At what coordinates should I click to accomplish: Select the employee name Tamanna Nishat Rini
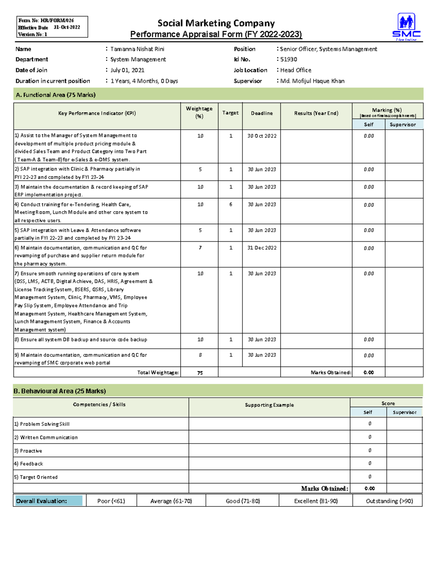pyautogui.click(x=137, y=49)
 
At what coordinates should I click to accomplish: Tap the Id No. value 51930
pyautogui.click(x=288, y=59)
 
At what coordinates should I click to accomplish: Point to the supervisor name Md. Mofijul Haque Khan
pyautogui.click(x=312, y=81)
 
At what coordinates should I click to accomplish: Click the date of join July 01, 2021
pyautogui.click(x=127, y=70)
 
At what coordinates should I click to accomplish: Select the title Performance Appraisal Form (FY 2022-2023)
pyautogui.click(x=216, y=34)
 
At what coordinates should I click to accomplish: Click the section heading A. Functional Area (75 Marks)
pyautogui.click(x=55, y=95)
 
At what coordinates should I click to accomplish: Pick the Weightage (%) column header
pyautogui.click(x=199, y=112)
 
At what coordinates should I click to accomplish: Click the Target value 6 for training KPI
pyautogui.click(x=231, y=204)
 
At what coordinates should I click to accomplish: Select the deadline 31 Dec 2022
pyautogui.click(x=262, y=248)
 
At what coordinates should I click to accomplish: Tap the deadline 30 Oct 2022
pyautogui.click(x=262, y=136)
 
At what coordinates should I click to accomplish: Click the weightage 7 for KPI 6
pyautogui.click(x=200, y=248)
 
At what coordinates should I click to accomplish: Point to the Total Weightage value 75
pyautogui.click(x=200, y=373)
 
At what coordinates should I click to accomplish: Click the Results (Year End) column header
pyautogui.click(x=316, y=113)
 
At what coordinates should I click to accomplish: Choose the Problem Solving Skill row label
pyautogui.click(x=45, y=424)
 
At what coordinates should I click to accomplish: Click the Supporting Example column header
pyautogui.click(x=269, y=405)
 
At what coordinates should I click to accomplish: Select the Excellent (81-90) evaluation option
pyautogui.click(x=316, y=501)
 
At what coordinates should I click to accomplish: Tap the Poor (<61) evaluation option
pyautogui.click(x=111, y=501)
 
